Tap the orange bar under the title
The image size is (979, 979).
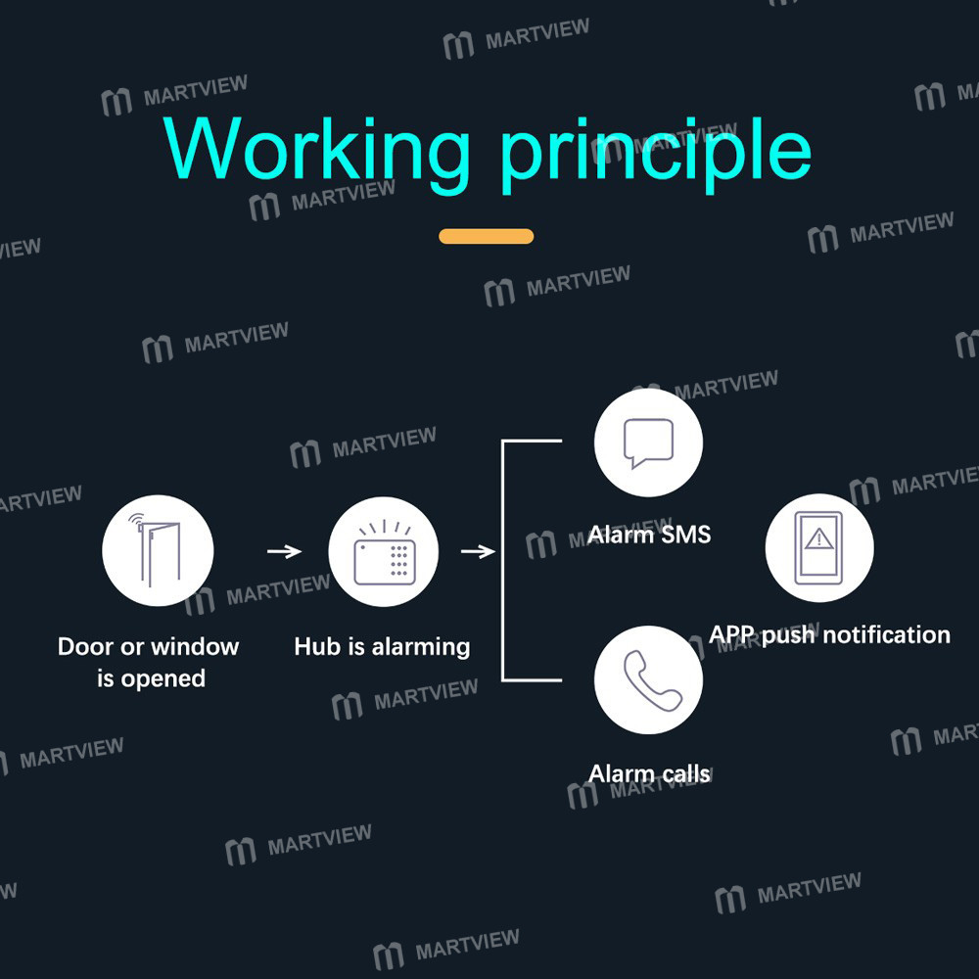pyautogui.click(x=486, y=236)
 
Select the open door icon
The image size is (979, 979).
pyautogui.click(x=158, y=550)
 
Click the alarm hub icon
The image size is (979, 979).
pyautogui.click(x=384, y=551)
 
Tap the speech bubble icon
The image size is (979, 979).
pyautogui.click(x=649, y=443)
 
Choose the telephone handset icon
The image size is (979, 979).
pyautogui.click(x=652, y=680)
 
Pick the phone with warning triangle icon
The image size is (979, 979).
pyautogui.click(x=819, y=547)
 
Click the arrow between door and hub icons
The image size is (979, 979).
pyautogui.click(x=285, y=551)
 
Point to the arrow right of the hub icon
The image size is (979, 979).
pyautogui.click(x=479, y=551)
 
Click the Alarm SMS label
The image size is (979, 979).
pyautogui.click(x=649, y=535)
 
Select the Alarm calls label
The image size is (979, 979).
pyautogui.click(x=649, y=773)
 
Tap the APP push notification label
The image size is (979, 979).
pyautogui.click(x=829, y=635)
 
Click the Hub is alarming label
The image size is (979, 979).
pyautogui.click(x=382, y=647)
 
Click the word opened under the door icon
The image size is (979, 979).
pyautogui.click(x=163, y=679)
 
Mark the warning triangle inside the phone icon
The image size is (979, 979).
pyautogui.click(x=818, y=538)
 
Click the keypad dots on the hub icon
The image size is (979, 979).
pyautogui.click(x=399, y=559)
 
